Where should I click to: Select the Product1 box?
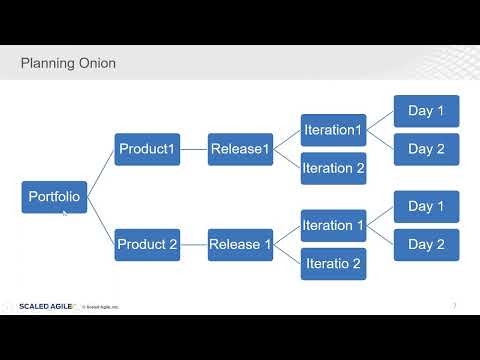pos(147,150)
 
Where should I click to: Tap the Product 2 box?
pos(147,244)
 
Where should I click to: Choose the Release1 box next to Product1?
pos(240,150)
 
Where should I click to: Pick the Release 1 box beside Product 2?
pos(240,244)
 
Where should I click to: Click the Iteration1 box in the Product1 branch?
pos(333,131)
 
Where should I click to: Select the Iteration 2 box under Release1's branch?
pos(333,168)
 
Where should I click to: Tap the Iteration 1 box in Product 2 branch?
pos(333,226)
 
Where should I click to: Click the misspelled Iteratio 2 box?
pos(333,263)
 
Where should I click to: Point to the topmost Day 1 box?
pos(426,111)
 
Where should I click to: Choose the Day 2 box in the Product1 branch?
pos(426,149)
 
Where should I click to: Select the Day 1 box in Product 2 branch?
pos(426,207)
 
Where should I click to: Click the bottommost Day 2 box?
pos(426,244)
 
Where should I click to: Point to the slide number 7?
pos(455,305)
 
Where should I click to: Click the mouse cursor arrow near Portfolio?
pos(65,213)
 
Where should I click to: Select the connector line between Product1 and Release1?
pos(193,150)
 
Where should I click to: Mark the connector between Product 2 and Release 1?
pos(193,244)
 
